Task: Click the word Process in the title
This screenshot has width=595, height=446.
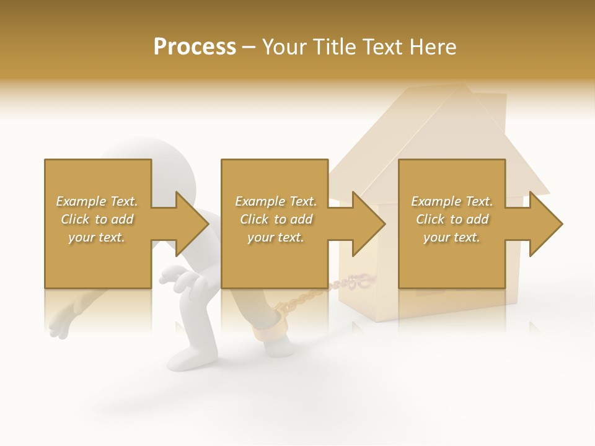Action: point(195,47)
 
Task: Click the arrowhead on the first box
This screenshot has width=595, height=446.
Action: point(192,224)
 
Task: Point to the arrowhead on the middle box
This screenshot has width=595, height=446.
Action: point(368,224)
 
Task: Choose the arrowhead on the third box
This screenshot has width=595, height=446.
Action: point(545,224)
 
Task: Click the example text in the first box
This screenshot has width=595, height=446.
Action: point(97,219)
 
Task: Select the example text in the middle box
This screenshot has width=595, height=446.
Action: point(276,219)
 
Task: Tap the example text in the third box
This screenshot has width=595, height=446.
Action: point(452,219)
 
